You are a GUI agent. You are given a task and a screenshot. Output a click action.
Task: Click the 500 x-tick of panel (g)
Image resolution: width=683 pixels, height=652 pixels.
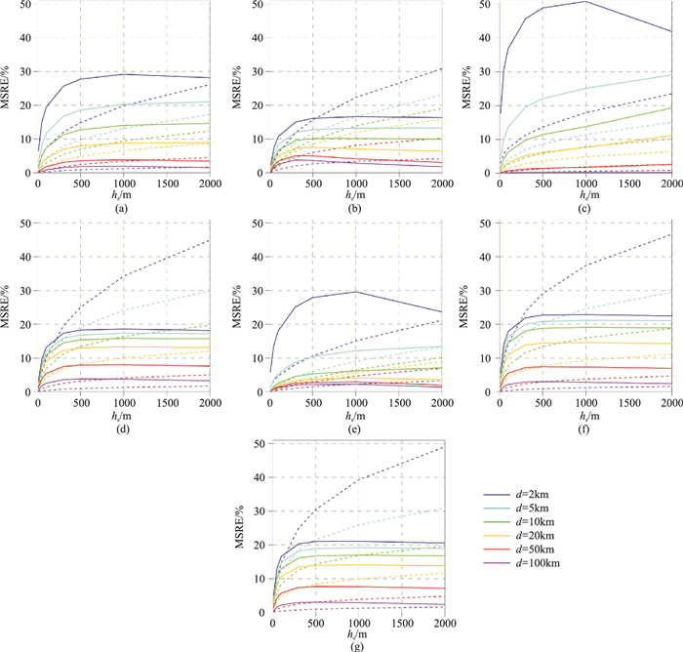315,622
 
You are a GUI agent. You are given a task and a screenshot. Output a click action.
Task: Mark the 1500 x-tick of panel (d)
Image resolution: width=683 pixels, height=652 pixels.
167,401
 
